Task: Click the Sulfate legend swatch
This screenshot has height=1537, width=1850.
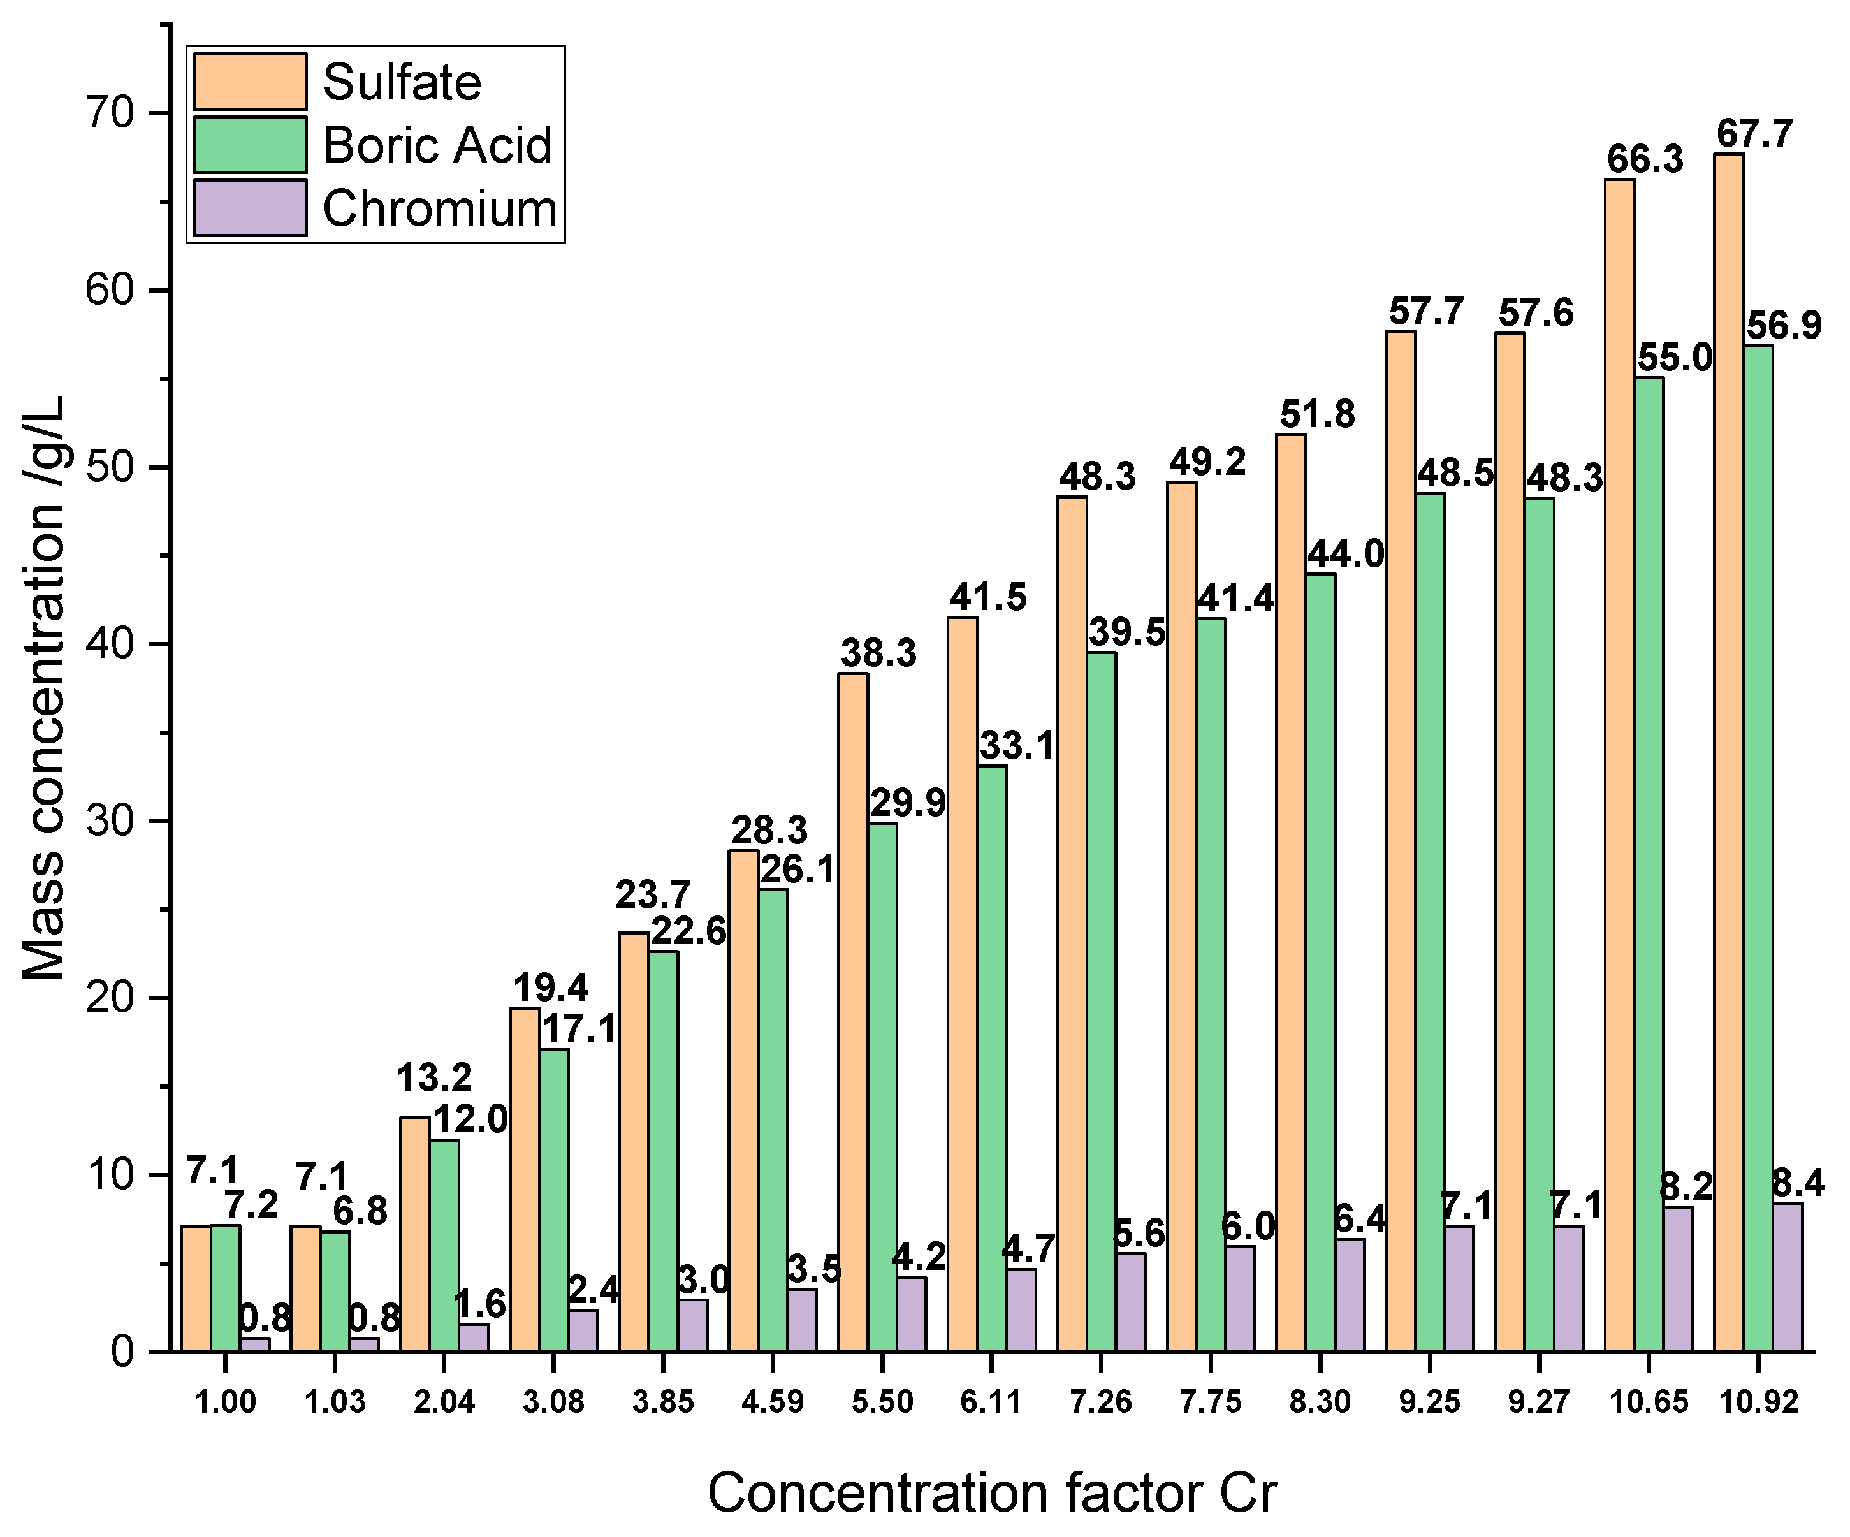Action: [x=249, y=81]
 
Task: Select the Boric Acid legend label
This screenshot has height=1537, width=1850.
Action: [x=437, y=145]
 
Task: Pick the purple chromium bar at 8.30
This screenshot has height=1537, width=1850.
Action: [x=1350, y=1294]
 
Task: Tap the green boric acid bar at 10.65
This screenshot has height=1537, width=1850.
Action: [x=1649, y=863]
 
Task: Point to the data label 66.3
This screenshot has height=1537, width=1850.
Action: [x=1644, y=160]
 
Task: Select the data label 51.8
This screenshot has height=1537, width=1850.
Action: [x=1317, y=414]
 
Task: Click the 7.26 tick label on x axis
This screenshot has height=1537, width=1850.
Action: [x=1100, y=1401]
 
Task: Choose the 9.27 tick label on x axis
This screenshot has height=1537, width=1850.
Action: [x=1538, y=1401]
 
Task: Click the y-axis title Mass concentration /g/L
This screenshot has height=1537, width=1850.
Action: [x=44, y=687]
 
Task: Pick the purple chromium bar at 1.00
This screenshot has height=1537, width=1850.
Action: [x=254, y=1344]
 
